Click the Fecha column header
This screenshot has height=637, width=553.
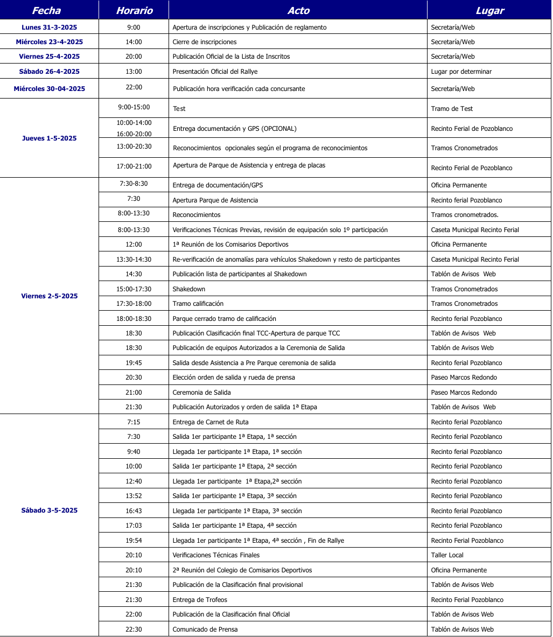pos(46,11)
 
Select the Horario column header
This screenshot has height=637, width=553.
pos(134,11)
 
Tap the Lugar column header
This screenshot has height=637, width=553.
pos(489,11)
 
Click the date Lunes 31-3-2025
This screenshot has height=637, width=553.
pos(50,27)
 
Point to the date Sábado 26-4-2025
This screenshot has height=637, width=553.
pos(50,72)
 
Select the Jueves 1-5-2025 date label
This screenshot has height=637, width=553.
pos(50,138)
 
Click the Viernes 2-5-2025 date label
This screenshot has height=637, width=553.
pos(50,296)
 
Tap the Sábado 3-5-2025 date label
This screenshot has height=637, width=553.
pos(50,510)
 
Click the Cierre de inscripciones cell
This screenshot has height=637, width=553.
pos(205,42)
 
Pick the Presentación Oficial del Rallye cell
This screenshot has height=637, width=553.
pos(215,72)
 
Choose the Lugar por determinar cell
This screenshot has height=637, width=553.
pos(461,72)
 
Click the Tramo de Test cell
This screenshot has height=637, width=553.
pos(452,109)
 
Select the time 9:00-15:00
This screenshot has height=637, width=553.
pos(134,107)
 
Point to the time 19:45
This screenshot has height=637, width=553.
pos(134,363)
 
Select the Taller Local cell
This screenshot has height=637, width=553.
pos(447,555)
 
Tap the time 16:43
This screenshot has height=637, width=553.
pos(134,511)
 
